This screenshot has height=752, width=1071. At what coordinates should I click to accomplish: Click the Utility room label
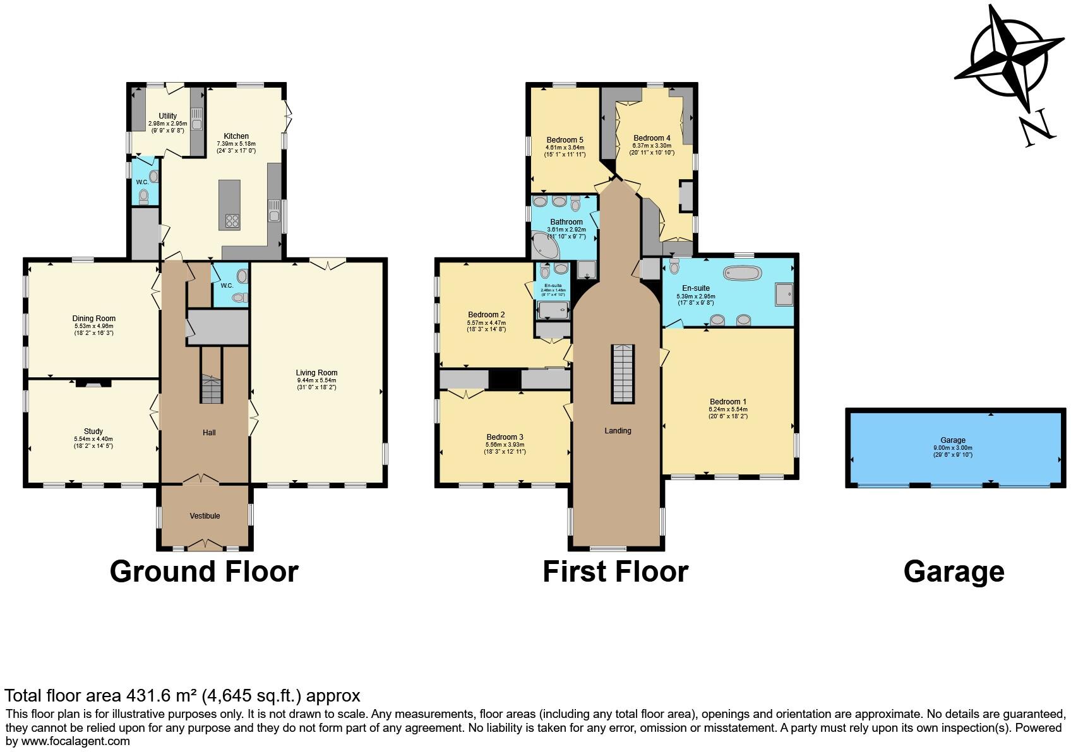pos(167,116)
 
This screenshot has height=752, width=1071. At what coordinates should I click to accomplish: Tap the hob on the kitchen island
pos(231,221)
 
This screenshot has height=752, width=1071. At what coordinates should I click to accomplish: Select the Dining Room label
pos(93,319)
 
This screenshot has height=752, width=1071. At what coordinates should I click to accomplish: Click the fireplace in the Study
pos(93,382)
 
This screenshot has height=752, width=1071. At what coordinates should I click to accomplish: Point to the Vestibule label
pos(205,516)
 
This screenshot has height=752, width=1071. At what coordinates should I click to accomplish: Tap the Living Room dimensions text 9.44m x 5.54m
pos(316,380)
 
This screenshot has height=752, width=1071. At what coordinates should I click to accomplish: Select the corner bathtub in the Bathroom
pos(545,246)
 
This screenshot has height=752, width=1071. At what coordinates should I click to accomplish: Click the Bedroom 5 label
pos(565,140)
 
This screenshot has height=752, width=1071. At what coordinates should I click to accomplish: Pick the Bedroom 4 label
pos(652,138)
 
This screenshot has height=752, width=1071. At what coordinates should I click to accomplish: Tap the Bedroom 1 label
pos(727,402)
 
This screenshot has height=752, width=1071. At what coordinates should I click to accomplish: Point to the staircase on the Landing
pos(622,373)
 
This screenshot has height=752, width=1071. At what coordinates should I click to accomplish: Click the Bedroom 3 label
pos(505,437)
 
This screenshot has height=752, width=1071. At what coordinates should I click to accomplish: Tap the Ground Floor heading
pos(203,572)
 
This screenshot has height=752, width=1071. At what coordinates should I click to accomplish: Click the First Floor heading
pos(615,572)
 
